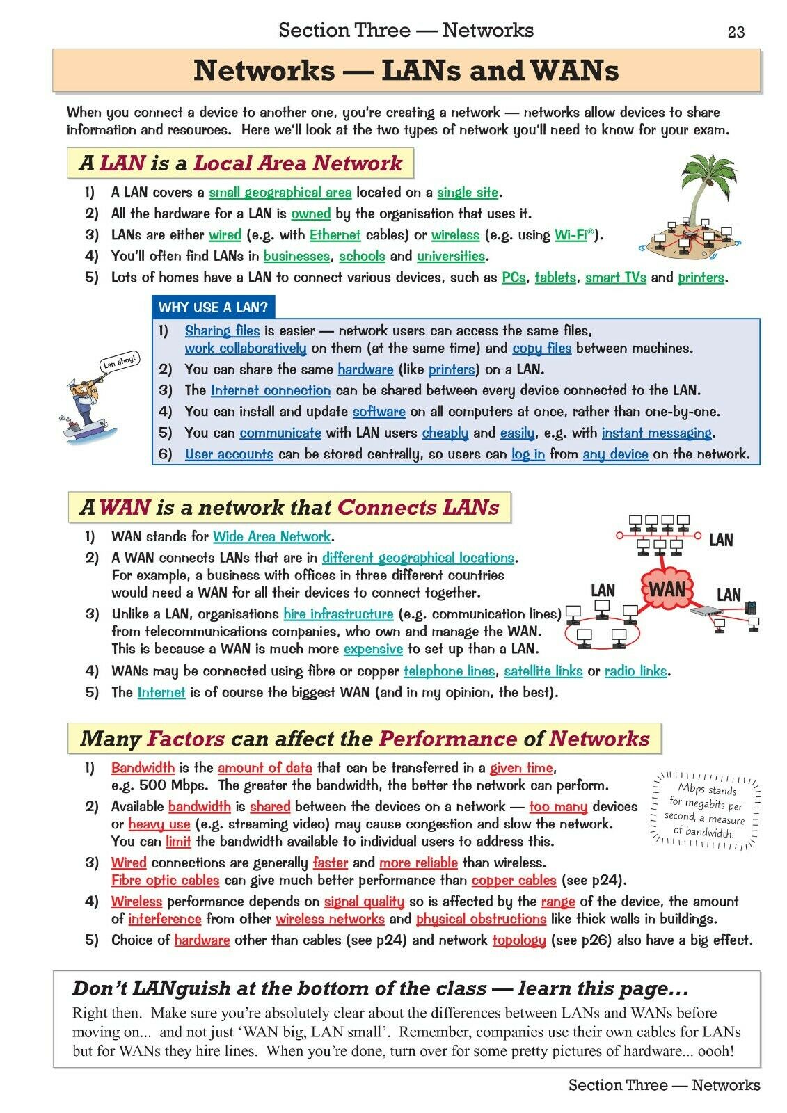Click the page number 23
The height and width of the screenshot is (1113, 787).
click(736, 32)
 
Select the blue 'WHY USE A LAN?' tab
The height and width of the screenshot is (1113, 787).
click(213, 307)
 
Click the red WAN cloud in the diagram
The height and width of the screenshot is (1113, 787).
click(667, 590)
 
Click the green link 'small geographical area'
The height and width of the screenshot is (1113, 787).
click(280, 193)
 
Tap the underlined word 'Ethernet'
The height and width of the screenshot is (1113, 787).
click(335, 235)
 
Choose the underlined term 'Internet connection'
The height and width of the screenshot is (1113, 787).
click(271, 390)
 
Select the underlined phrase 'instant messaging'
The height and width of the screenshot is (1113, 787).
click(657, 433)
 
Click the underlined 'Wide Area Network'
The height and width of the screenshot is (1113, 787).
click(271, 536)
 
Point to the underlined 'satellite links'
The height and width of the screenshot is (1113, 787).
click(543, 671)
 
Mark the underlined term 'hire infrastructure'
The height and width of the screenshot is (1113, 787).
click(338, 614)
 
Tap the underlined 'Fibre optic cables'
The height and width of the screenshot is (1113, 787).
click(165, 880)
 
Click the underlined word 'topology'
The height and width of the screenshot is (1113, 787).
click(519, 940)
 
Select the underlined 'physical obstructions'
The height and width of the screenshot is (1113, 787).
click(481, 919)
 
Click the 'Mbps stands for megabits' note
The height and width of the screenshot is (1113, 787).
click(706, 810)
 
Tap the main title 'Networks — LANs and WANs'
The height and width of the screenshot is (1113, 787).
click(406, 71)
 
